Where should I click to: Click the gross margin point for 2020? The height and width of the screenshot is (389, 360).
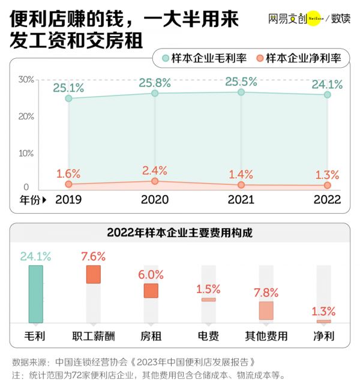coord(155,94)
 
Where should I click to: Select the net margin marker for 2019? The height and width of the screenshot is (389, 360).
coord(68,184)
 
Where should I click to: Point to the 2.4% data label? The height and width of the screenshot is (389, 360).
coord(154,170)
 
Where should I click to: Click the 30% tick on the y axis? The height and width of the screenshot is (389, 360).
coord(26,79)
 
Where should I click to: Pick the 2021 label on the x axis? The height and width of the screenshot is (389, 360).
coord(241,200)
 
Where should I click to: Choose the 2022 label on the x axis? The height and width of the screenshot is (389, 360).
coord(327,200)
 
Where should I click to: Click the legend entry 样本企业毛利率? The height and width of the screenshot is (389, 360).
coord(205,58)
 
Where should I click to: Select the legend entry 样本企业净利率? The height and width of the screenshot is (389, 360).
coord(298,58)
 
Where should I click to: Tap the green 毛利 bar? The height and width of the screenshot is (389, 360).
coord(36,294)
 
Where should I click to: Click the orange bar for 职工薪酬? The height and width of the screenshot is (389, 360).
coord(94,274)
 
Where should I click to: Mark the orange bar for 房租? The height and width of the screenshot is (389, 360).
coord(151,291)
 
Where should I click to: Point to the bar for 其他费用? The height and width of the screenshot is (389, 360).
coord(266,310)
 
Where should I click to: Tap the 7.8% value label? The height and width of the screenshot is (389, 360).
coord(266,293)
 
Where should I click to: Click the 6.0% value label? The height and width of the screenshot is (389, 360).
coord(151,275)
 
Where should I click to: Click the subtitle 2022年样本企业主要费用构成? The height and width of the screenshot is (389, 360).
coord(179,233)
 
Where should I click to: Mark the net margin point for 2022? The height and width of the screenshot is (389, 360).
coord(327,185)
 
